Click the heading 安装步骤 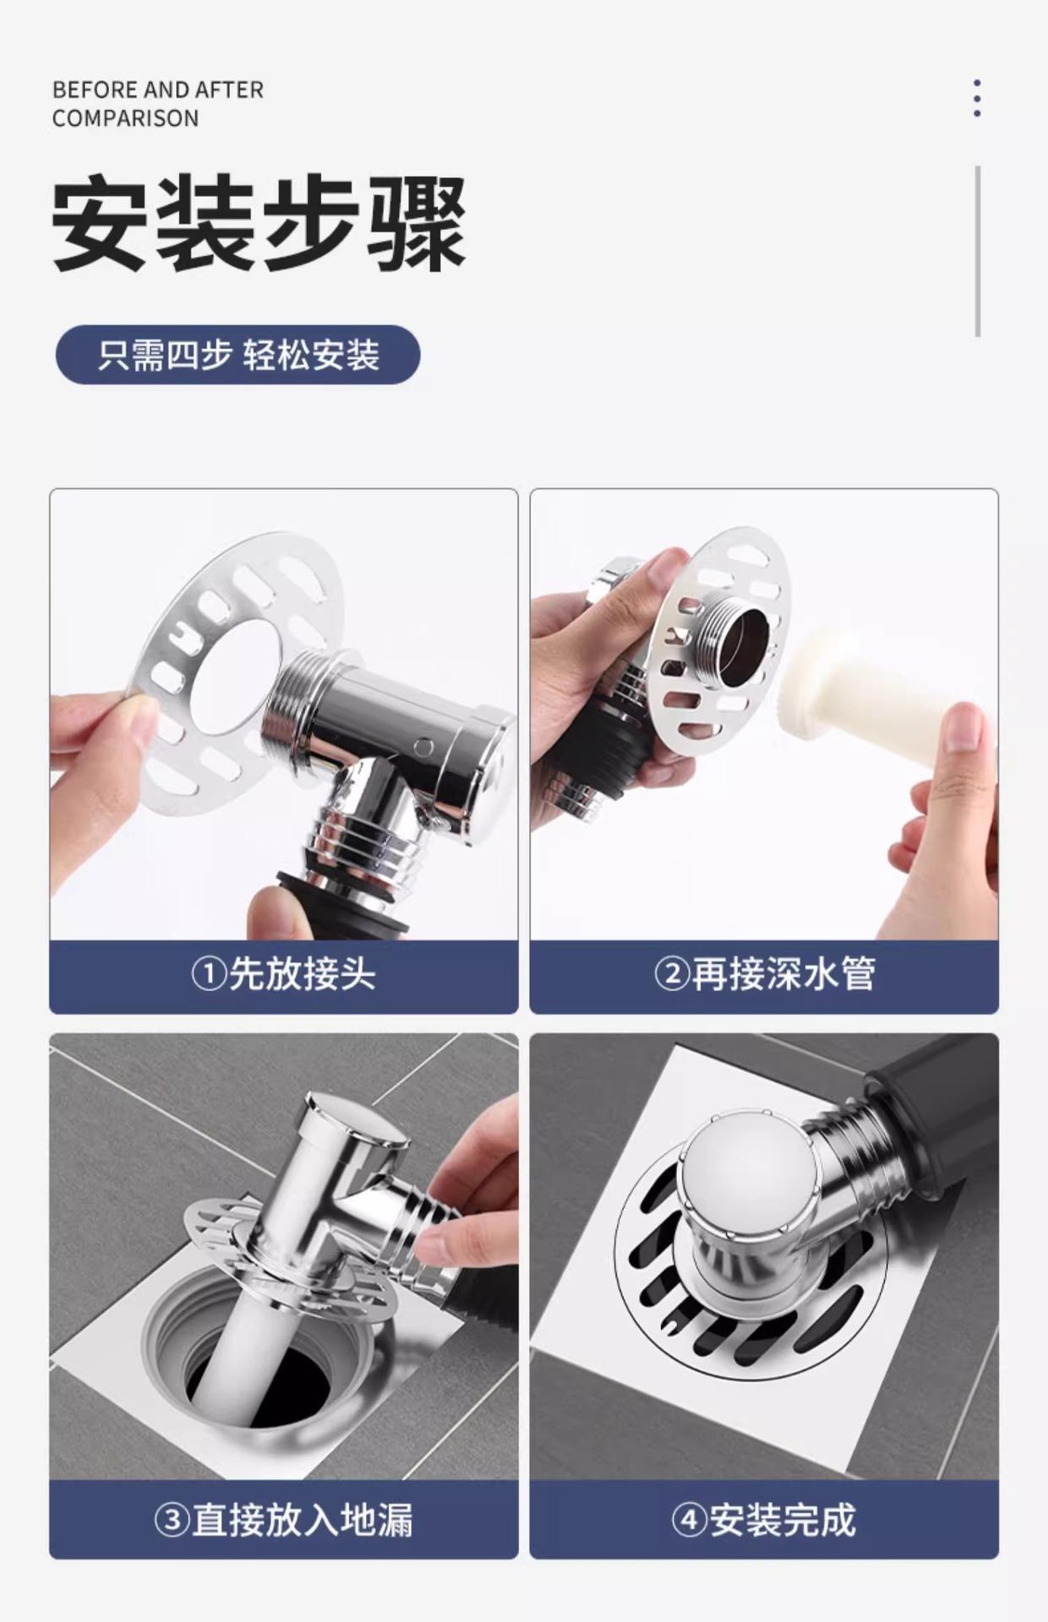(x=259, y=224)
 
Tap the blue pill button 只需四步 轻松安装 (x=237, y=355)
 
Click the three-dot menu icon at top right (x=977, y=98)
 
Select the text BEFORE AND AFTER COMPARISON (x=158, y=104)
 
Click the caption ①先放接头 (x=284, y=974)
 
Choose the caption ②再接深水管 (x=764, y=974)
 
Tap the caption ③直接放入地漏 (x=284, y=1521)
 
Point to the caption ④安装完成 (x=764, y=1521)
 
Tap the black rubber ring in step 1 (x=347, y=900)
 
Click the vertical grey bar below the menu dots (x=978, y=251)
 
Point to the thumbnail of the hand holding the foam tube (x=764, y=714)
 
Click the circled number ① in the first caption (x=208, y=975)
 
